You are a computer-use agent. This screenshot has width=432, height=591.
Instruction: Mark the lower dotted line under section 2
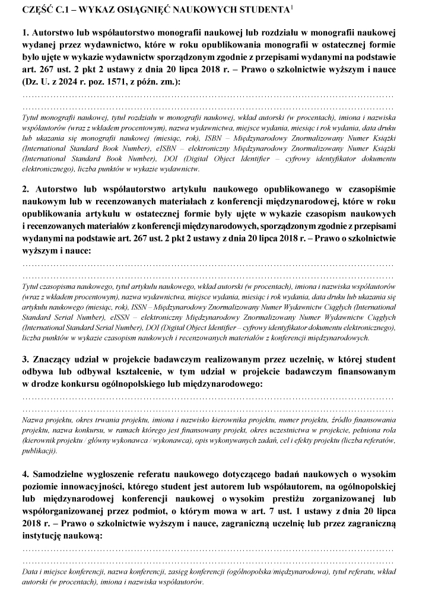(208, 277)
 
